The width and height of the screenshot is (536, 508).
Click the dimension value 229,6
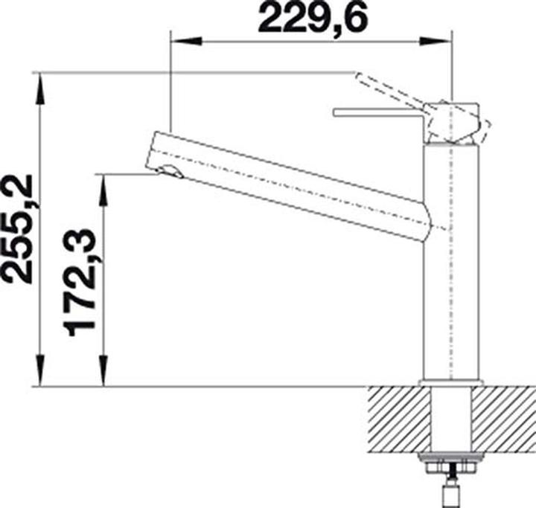point(313,18)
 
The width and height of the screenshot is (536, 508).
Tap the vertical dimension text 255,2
point(18,229)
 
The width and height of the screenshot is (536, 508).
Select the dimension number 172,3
point(79,283)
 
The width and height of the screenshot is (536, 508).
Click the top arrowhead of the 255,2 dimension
point(40,89)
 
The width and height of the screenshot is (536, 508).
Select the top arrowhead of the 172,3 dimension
point(103,190)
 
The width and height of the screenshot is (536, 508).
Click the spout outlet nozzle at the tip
point(171,171)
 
